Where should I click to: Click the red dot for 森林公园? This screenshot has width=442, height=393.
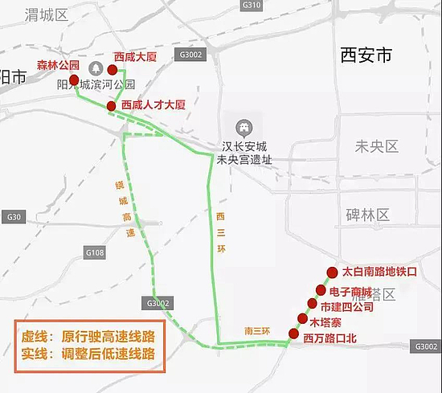pos(74,80)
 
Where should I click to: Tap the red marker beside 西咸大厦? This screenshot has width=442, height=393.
pos(100,69)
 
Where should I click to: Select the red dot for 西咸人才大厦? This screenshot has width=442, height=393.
pos(111,106)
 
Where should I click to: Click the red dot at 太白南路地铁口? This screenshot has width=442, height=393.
pos(333,272)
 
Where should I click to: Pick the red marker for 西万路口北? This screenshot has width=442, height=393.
pos(293,334)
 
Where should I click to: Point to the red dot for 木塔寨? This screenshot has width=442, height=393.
pos(303,319)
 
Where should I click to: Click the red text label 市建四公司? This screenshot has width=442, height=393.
pos(347,306)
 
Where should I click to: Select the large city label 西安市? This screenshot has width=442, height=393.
pos(366,55)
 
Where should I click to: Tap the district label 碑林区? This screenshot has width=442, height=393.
pos(366,215)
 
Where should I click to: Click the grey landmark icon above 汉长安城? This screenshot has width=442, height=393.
pos(242,127)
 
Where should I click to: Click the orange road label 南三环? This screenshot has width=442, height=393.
pos(260,331)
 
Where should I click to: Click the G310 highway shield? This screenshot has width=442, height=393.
pos(252,5)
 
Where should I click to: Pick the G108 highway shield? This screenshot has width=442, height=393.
pos(96,253)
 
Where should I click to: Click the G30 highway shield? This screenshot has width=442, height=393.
pos(12,217)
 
